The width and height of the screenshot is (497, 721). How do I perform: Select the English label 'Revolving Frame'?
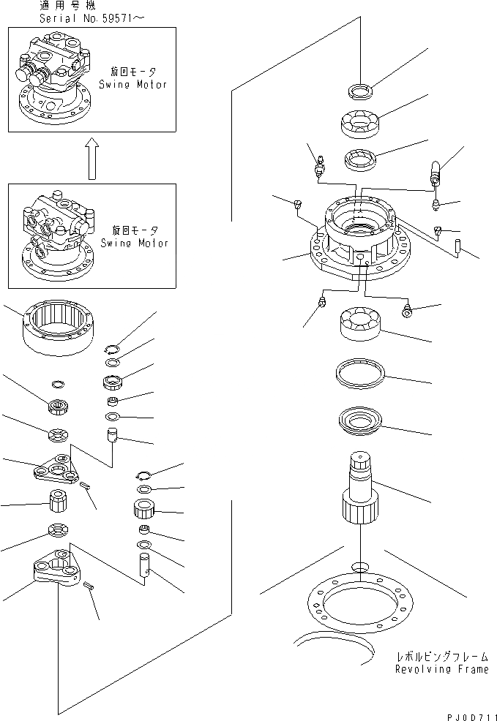[x=441, y=669]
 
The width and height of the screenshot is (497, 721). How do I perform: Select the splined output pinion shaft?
[x=360, y=490]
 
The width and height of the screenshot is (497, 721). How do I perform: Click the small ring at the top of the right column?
[x=359, y=91]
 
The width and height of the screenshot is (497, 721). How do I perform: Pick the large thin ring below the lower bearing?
[x=359, y=374]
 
